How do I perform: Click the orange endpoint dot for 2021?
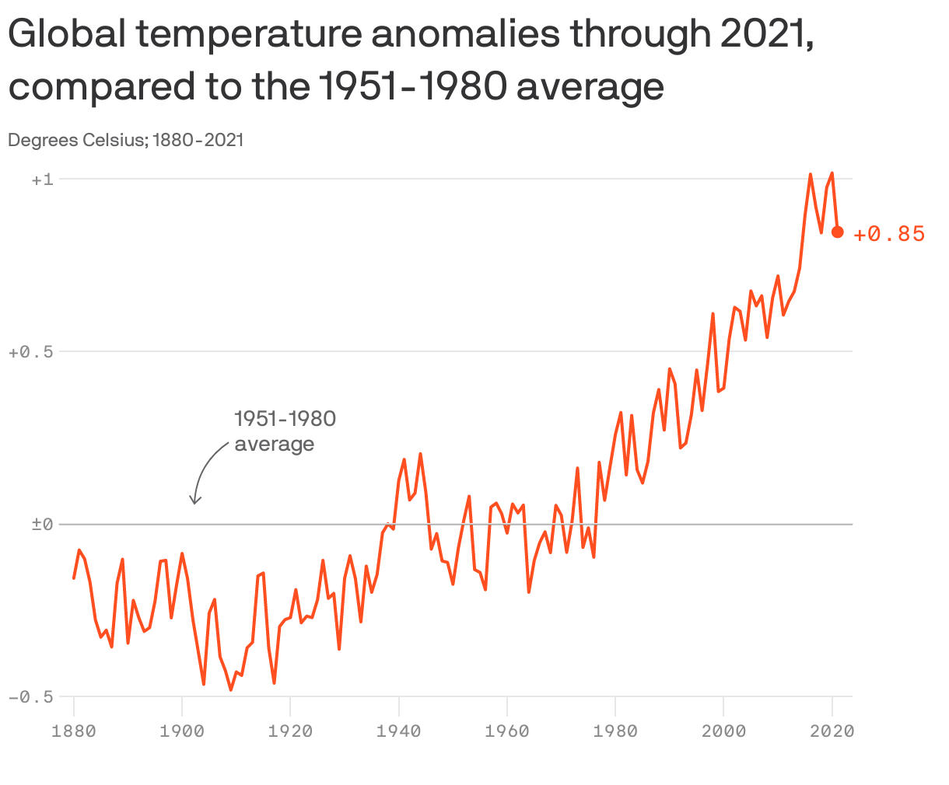click(x=838, y=232)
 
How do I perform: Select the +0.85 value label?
click(x=889, y=234)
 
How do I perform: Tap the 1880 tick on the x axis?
click(x=74, y=731)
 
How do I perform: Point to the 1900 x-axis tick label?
click(x=182, y=731)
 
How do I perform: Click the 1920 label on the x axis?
click(x=290, y=731)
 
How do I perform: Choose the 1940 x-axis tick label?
click(x=398, y=731)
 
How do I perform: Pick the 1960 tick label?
click(x=507, y=731)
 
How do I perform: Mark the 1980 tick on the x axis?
click(x=615, y=731)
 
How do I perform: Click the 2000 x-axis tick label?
click(x=723, y=731)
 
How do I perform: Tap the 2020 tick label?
click(x=832, y=731)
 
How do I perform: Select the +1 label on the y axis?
click(x=42, y=180)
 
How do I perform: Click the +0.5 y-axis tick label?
click(x=30, y=352)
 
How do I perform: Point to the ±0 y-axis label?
click(x=42, y=525)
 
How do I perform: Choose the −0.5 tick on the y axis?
click(x=30, y=697)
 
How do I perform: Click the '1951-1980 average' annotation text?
click(x=285, y=431)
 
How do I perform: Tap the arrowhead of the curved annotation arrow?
click(x=196, y=501)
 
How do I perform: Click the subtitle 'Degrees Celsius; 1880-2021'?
click(x=126, y=140)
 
